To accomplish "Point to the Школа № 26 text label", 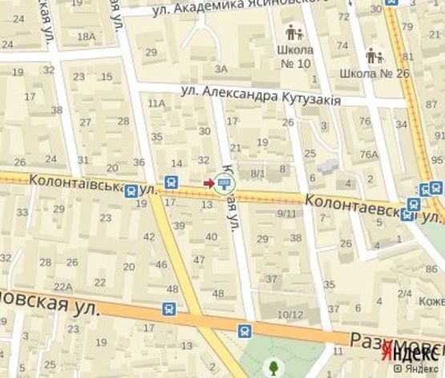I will tap(364, 74).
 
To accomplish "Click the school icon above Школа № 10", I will tap(293, 34).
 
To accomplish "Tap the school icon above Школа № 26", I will tap(373, 56).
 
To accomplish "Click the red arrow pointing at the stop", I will tap(208, 183).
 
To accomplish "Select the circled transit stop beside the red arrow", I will tap(224, 183).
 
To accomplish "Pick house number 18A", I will tap(86, 37).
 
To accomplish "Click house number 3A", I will tap(221, 69).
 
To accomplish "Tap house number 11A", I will tap(156, 103).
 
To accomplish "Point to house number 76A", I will tap(369, 155).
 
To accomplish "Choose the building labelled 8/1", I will tap(257, 173).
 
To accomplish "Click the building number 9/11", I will tap(286, 213).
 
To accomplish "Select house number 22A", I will tap(63, 287).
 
